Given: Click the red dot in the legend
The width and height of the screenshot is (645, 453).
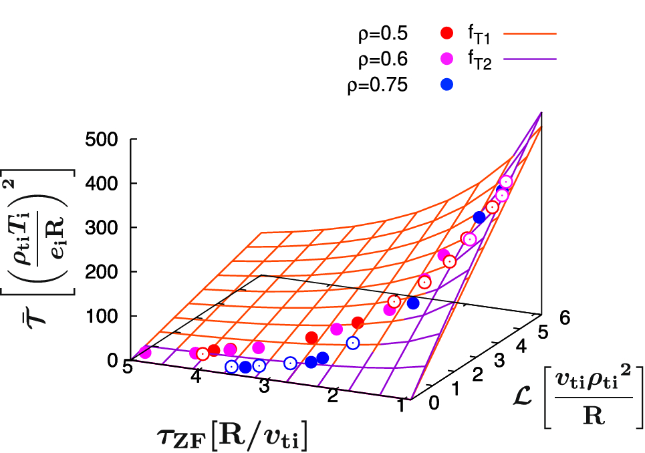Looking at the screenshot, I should pos(448,33).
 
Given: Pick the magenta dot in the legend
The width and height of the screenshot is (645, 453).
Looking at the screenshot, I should pos(448,59).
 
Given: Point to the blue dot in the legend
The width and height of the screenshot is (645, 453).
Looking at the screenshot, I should pos(448,85).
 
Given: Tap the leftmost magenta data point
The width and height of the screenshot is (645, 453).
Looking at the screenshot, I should pos(145,352).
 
